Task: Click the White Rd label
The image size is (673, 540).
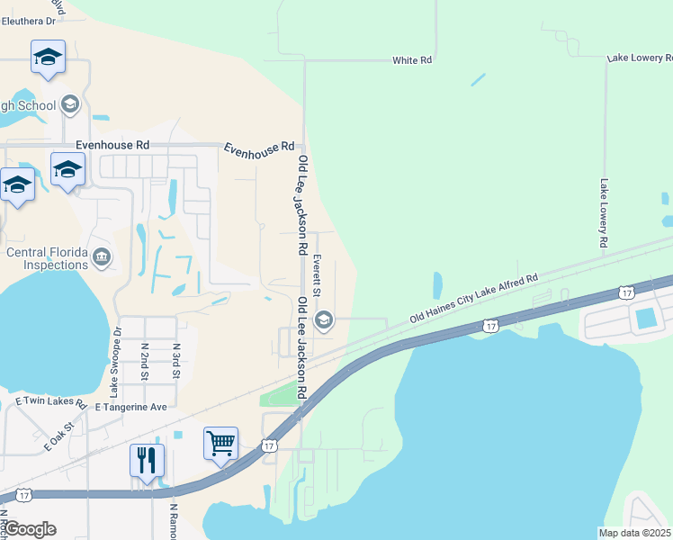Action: [412, 60]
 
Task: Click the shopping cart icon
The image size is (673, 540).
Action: [220, 442]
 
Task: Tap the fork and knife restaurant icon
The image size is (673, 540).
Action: [147, 460]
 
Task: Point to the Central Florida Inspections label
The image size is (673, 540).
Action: [47, 258]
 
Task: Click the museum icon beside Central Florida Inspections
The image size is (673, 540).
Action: [102, 258]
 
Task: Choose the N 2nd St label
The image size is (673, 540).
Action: [144, 360]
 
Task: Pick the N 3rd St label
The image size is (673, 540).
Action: [176, 360]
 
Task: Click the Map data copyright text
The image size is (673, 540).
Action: [635, 533]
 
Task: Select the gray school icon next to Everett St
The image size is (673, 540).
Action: [323, 319]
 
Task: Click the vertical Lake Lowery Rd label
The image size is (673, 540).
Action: [604, 212]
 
